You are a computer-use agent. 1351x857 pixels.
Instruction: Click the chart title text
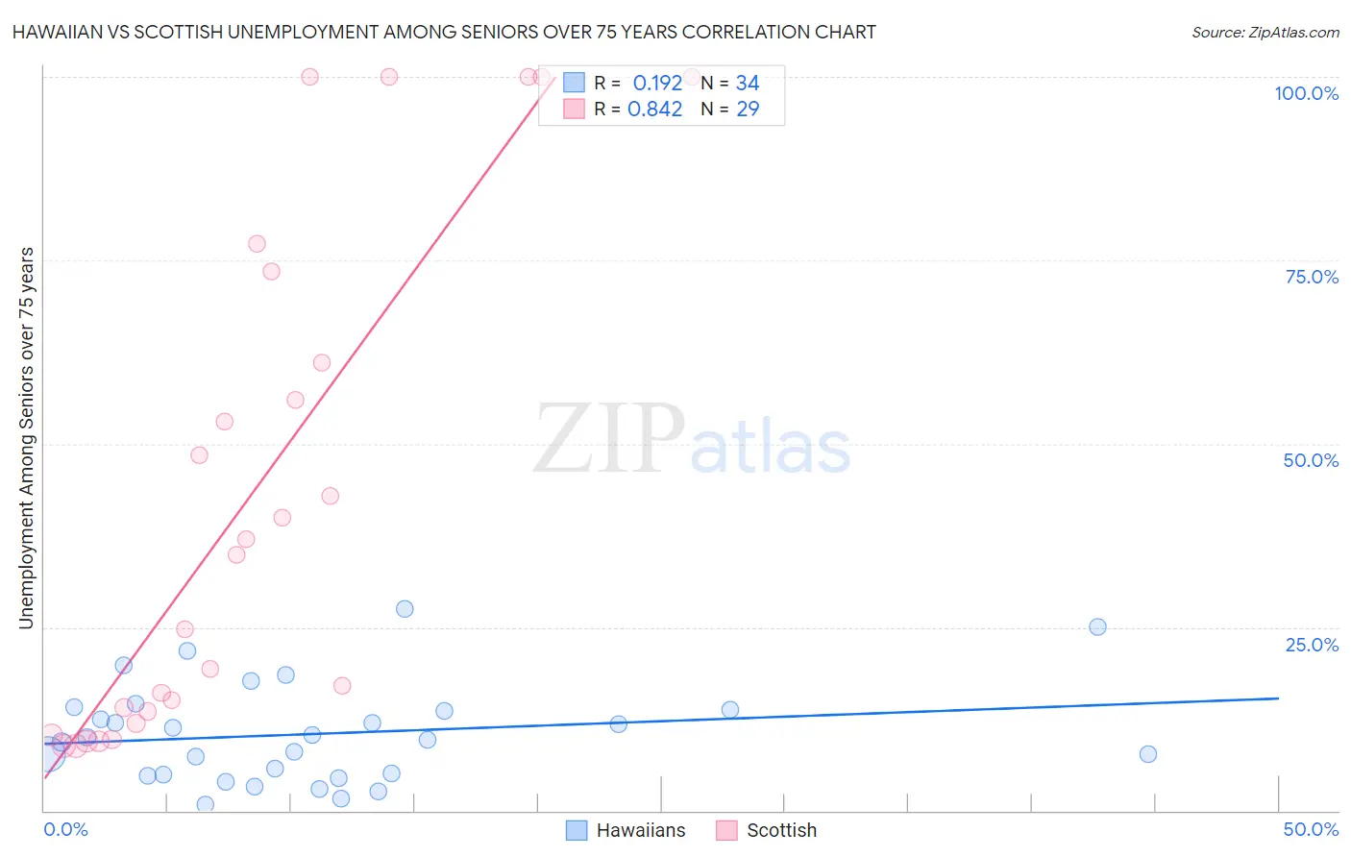(x=444, y=32)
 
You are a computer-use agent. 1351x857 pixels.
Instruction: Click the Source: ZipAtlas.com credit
(x=1265, y=33)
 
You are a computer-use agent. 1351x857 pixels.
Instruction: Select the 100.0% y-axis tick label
(x=1306, y=93)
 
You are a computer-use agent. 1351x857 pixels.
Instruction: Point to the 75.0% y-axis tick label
(x=1312, y=277)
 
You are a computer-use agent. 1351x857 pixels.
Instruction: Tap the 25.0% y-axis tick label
(x=1312, y=644)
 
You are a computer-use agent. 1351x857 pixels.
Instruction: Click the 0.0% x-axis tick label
(x=65, y=829)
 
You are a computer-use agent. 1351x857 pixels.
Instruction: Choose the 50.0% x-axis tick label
(x=1311, y=829)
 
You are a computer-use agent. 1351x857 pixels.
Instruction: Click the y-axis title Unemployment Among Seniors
(x=26, y=438)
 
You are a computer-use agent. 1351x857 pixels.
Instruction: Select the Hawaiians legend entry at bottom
(x=626, y=830)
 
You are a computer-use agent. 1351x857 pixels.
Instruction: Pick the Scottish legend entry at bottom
(x=767, y=830)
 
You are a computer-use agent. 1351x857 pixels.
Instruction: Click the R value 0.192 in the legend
(x=657, y=84)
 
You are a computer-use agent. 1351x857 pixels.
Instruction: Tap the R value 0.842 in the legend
(x=654, y=110)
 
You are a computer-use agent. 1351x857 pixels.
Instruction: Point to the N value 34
(x=748, y=84)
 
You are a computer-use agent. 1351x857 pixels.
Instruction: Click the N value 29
(x=748, y=110)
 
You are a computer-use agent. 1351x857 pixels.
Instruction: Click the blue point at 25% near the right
(x=1097, y=626)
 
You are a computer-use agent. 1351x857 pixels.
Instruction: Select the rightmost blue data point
(x=1147, y=754)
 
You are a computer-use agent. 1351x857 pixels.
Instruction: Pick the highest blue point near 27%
(x=405, y=609)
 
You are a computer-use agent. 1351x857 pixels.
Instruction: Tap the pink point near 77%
(x=257, y=244)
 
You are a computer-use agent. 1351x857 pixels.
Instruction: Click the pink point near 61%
(x=322, y=363)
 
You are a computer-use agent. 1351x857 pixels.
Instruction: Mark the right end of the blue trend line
(x=1278, y=698)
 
